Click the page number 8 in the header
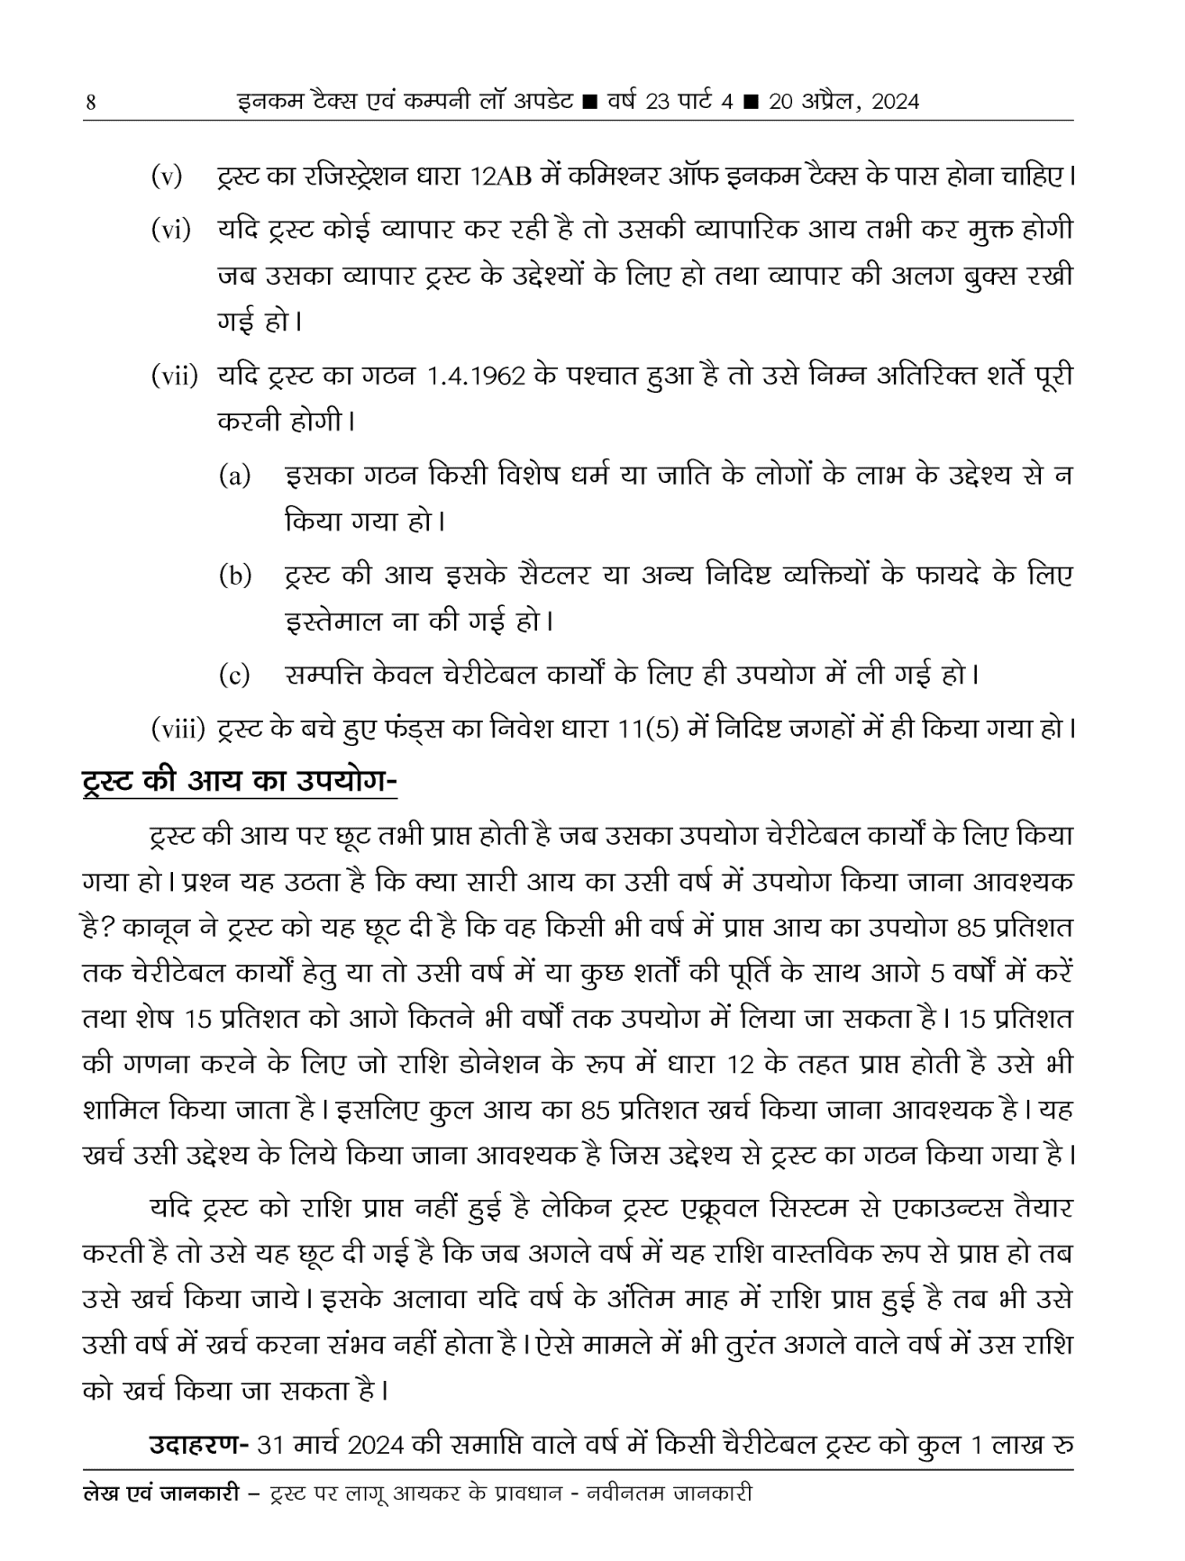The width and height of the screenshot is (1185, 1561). click(x=90, y=102)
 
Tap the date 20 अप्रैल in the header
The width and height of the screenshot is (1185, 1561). click(x=812, y=101)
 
